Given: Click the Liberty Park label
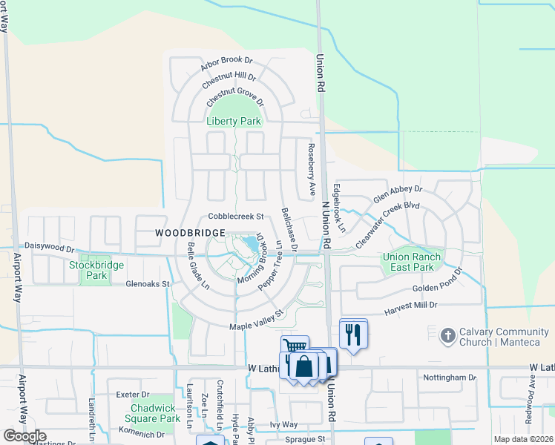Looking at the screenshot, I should click(x=234, y=121).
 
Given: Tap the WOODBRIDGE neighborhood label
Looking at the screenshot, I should click(x=191, y=233).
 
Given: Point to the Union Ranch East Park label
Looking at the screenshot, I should click(x=412, y=262).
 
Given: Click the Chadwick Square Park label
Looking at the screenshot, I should click(x=155, y=413).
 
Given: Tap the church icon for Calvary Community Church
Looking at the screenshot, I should click(x=447, y=336).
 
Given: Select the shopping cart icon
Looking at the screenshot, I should click(x=295, y=346).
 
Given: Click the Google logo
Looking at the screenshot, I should click(x=24, y=436).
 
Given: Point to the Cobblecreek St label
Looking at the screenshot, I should click(x=237, y=217).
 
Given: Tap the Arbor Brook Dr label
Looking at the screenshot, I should click(x=227, y=64).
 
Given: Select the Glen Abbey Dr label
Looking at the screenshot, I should click(x=398, y=195).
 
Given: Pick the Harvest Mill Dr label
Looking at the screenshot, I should click(x=410, y=305).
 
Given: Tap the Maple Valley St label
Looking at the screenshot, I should click(x=257, y=321).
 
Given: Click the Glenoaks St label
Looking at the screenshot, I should click(x=148, y=283).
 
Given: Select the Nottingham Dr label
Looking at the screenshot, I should click(x=450, y=378).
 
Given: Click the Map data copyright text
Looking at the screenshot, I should click(x=524, y=439).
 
